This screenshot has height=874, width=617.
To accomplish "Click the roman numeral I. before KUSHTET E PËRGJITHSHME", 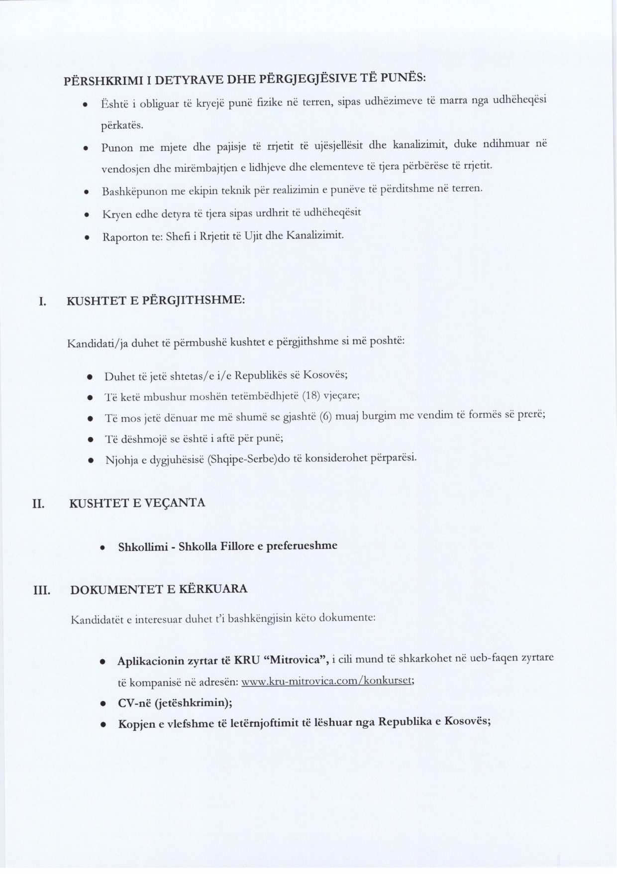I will coord(43,302).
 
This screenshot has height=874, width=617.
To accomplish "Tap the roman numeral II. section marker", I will coord(39,504).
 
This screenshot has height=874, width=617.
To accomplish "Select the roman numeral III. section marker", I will coord(42,591).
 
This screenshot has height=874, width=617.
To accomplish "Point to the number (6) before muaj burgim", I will coord(326,417).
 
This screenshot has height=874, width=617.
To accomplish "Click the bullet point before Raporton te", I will coord(87,238).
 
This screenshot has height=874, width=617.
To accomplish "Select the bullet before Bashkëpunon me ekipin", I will coord(86,192).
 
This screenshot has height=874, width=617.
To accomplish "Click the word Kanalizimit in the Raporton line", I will coord(315,235).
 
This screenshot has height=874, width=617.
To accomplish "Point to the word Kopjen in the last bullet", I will coord(136,724).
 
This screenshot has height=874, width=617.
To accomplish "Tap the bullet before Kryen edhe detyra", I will coord(86,215).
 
